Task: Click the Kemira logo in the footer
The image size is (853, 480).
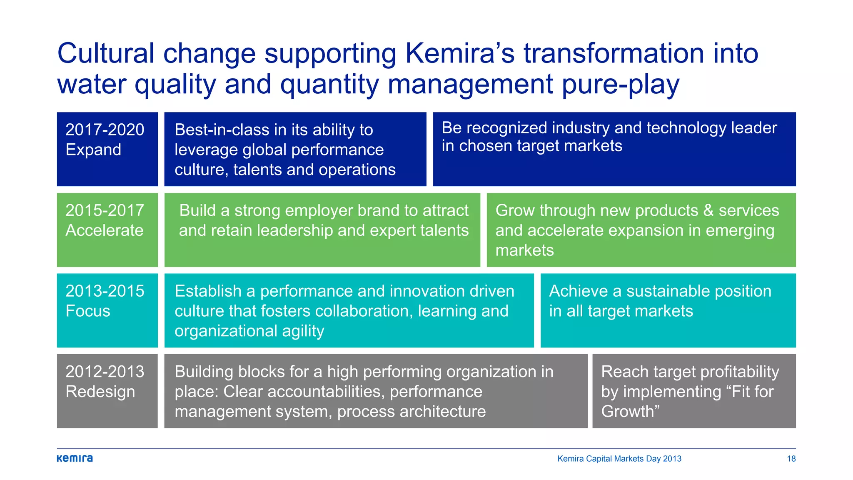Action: [x=75, y=458]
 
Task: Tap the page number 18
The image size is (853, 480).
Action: [x=791, y=459]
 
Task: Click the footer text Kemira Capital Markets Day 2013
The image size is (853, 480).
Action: [x=619, y=459]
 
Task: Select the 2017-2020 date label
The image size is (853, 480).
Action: [x=105, y=130]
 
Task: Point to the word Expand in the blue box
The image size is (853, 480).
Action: [x=93, y=150]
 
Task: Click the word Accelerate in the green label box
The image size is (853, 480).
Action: [x=104, y=230]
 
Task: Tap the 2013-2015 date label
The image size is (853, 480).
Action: [x=105, y=291]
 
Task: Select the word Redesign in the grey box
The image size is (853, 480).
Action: [x=100, y=392]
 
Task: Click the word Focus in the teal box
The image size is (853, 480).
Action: [x=87, y=311]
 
